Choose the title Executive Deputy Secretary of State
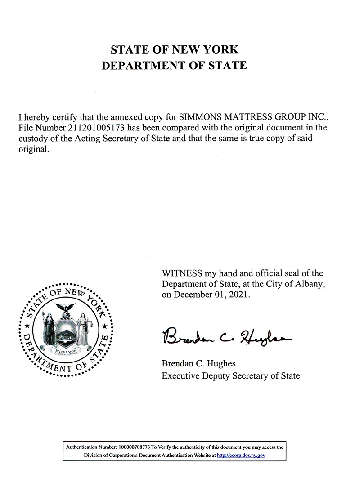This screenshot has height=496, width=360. (230, 375)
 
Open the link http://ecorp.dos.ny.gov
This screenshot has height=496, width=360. (241, 456)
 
